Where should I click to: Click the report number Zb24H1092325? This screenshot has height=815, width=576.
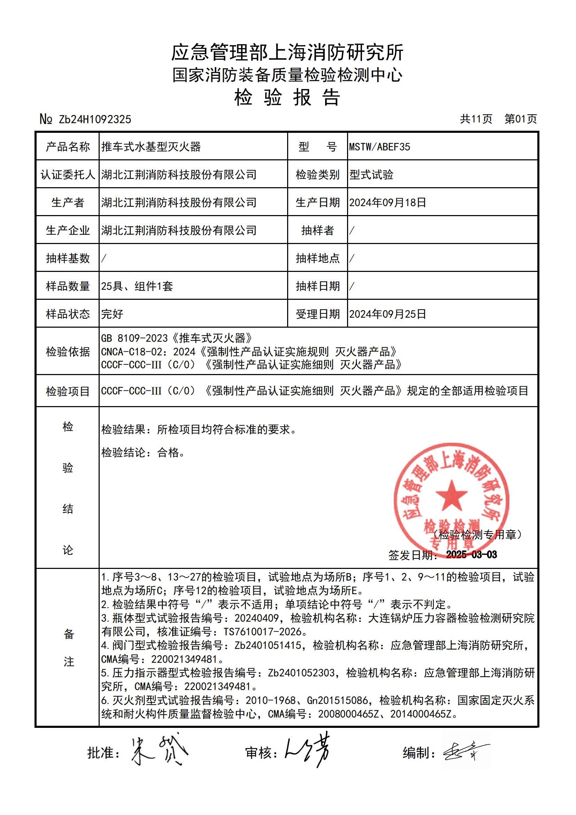click(x=95, y=119)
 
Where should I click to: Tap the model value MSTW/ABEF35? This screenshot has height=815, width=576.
click(x=379, y=147)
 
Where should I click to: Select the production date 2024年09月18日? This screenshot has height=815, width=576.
click(x=387, y=202)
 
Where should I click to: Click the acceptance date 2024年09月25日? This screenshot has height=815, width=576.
click(x=387, y=314)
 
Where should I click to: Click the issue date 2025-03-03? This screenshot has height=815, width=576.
click(x=471, y=555)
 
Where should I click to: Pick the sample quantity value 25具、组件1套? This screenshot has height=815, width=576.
click(x=137, y=286)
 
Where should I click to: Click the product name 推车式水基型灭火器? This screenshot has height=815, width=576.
click(x=151, y=147)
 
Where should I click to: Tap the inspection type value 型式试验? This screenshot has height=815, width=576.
click(x=371, y=175)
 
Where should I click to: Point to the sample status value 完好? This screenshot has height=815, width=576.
click(x=112, y=314)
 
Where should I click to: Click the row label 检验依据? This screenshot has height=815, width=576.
click(x=68, y=351)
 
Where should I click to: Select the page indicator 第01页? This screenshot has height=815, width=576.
click(x=521, y=119)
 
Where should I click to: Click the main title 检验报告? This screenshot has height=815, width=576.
click(x=287, y=97)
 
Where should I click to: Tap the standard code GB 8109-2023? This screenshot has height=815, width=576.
click(x=135, y=338)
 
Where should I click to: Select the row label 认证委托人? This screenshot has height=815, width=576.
click(x=68, y=175)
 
